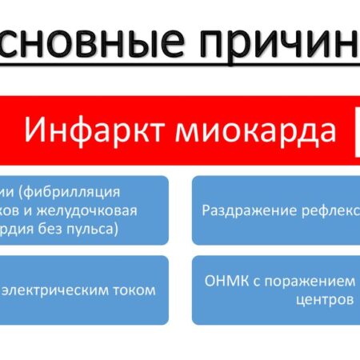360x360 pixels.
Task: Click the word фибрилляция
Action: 80,192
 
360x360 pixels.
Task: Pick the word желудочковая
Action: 95,210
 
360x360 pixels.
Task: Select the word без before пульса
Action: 53,229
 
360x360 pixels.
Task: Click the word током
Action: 136,290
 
